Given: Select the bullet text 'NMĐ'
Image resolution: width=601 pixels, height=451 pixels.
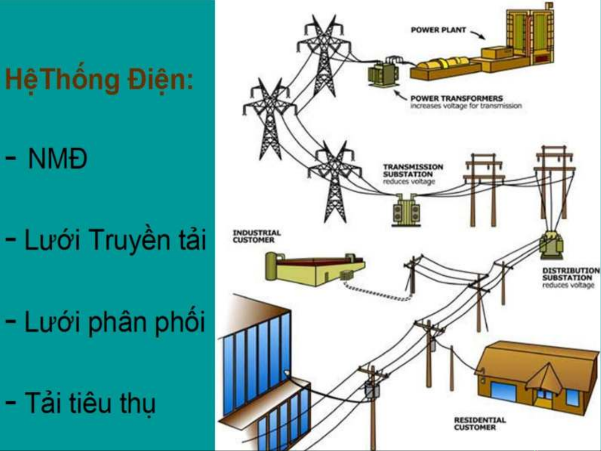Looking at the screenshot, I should click(x=58, y=159).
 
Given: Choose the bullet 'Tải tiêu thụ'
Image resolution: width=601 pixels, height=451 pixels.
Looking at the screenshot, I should click(x=90, y=403).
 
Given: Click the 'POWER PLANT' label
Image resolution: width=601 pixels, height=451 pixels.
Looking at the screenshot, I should click(x=438, y=30).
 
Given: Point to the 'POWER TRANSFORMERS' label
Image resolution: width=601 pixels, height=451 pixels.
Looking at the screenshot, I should click(x=456, y=98).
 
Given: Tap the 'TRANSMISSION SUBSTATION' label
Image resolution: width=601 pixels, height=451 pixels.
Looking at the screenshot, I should click(x=413, y=170).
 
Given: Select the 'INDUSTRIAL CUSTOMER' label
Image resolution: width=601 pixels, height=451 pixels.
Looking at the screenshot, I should click(x=256, y=236).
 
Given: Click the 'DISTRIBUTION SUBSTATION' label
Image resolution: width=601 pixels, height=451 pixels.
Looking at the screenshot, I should click(x=571, y=274).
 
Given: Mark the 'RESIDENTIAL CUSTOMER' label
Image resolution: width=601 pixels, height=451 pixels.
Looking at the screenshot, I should click(x=479, y=423).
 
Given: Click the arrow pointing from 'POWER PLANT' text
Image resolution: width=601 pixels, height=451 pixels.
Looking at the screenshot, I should click(x=477, y=34).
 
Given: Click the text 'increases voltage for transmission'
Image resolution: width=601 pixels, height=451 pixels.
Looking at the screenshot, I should click(x=465, y=106).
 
